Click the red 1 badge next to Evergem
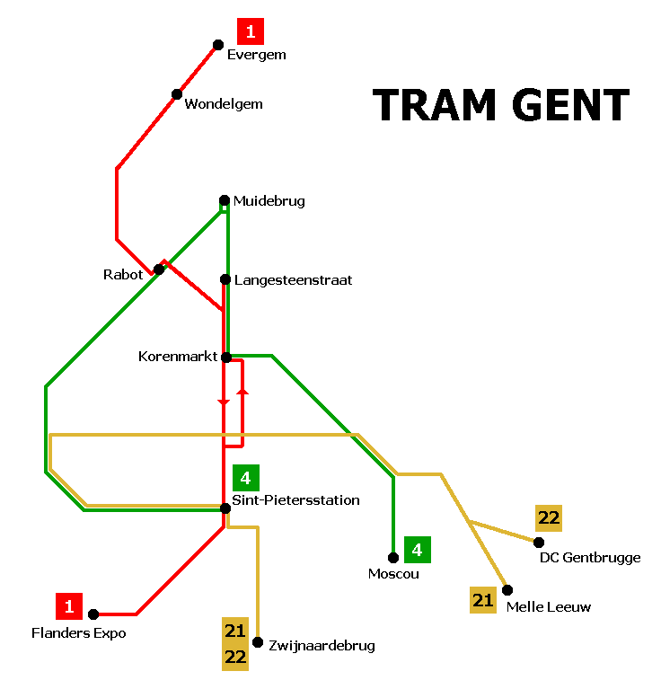250,32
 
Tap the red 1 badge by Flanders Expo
68,606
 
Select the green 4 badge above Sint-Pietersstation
245,478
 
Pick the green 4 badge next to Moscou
417,548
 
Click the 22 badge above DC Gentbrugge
549,518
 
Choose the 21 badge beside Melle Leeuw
483,600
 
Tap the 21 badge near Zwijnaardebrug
235,631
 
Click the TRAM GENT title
500,105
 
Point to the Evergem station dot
217,45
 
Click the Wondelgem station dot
177,94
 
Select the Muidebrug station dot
225,200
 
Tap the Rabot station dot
159,269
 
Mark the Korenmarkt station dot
226,358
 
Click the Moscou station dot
393,558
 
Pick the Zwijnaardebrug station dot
258,642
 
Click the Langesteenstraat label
293,280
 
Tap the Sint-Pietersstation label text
295,500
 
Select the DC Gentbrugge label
590,558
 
